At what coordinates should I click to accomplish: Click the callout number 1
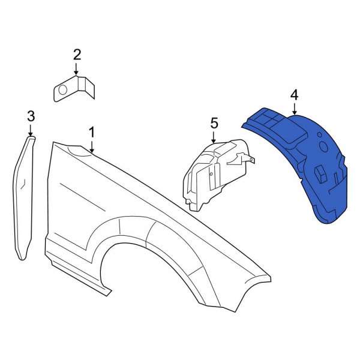click(x=92, y=131)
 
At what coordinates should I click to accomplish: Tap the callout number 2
click(x=77, y=55)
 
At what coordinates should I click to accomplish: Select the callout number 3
click(x=31, y=115)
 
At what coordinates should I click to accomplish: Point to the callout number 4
click(x=294, y=94)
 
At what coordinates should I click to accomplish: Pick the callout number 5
click(x=214, y=123)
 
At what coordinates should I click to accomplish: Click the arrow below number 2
click(x=77, y=71)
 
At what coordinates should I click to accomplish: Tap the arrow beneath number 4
click(x=294, y=109)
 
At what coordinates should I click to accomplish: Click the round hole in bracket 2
click(x=61, y=91)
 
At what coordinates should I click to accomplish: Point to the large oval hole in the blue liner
click(x=322, y=146)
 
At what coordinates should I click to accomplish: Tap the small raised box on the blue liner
click(x=320, y=173)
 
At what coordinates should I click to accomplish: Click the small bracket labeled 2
click(x=75, y=88)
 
